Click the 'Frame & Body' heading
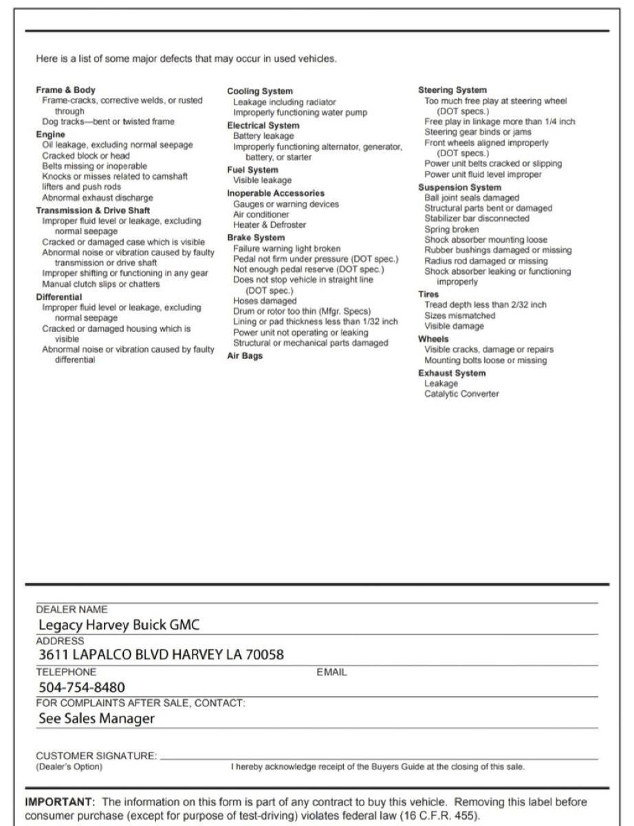click(x=66, y=90)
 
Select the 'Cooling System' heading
click(x=259, y=92)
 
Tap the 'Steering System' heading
click(x=452, y=90)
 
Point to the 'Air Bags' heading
click(x=245, y=356)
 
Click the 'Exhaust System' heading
click(x=453, y=373)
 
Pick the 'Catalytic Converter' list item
click(x=461, y=394)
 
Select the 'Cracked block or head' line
click(x=86, y=156)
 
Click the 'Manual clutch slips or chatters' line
click(x=101, y=284)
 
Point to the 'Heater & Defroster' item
click(x=270, y=224)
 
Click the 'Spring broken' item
click(x=452, y=229)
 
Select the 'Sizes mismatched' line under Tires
click(x=459, y=316)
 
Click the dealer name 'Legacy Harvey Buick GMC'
click(x=119, y=626)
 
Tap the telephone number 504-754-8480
click(x=82, y=687)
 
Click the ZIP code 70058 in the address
click(x=265, y=655)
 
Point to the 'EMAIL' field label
click(x=331, y=672)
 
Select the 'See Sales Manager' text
click(x=96, y=719)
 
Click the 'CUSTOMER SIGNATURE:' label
click(x=96, y=756)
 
